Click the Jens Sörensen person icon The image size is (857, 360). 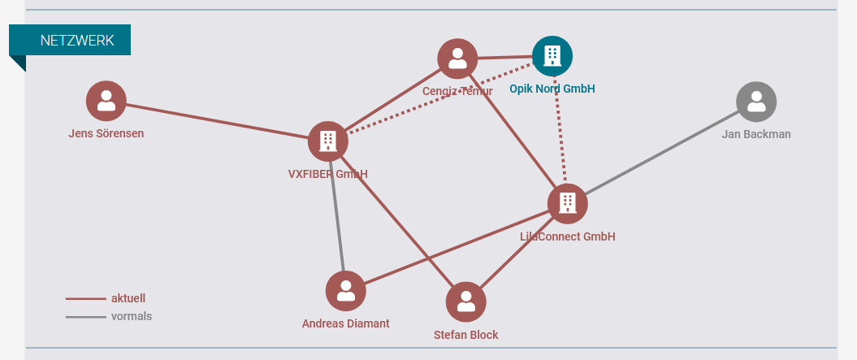coord(106,102)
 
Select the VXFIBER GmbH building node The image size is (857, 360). coord(328,141)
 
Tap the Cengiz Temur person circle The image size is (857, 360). coord(457,59)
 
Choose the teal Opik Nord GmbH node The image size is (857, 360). coord(552,56)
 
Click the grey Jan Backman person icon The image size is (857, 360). coord(756,102)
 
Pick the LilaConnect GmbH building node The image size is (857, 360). coord(567,203)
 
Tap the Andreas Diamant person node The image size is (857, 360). coord(345,291)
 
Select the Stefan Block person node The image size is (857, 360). coord(465,302)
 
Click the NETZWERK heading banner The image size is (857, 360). coord(70,41)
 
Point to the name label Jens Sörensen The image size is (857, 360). coord(106,133)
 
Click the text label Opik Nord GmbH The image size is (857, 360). coord(552,89)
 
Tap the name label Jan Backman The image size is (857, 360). coord(756,135)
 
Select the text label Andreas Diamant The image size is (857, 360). coord(345,324)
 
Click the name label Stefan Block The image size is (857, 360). coord(465,335)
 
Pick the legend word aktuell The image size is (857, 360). coord(128,299)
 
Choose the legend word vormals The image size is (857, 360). coord(132,316)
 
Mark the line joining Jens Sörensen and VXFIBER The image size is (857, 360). coord(217,121)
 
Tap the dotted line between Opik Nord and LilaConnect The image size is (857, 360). coord(560,130)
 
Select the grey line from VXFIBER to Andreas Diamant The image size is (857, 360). coord(336,216)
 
